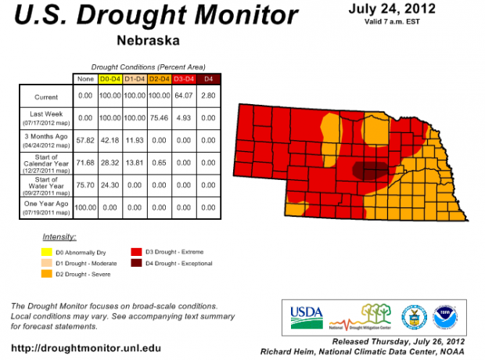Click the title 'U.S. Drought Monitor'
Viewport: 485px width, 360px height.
click(x=156, y=16)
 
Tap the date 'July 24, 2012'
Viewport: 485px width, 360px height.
click(x=393, y=9)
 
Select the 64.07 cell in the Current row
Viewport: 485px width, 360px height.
click(x=187, y=96)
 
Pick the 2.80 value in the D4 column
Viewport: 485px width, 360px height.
click(x=208, y=96)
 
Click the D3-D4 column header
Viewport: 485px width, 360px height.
click(x=187, y=79)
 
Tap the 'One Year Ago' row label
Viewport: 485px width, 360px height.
click(x=46, y=207)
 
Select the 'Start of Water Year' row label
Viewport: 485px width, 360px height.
click(x=46, y=185)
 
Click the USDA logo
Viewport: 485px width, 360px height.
click(x=306, y=316)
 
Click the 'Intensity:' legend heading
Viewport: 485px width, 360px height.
click(x=59, y=236)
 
